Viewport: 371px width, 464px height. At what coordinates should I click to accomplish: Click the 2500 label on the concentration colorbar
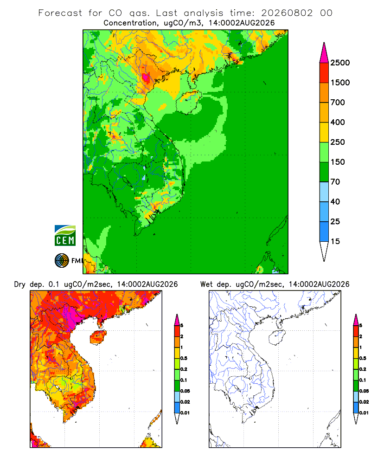340,63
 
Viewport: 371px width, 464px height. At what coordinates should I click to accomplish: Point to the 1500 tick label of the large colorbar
340,83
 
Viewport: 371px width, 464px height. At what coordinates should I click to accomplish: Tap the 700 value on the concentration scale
338,103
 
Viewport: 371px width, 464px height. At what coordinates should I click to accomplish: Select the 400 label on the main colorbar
338,122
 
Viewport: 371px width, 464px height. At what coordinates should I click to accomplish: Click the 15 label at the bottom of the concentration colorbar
335,241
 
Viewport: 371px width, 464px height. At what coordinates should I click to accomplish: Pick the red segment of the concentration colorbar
324,72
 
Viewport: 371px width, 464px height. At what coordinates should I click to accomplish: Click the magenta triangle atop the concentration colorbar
324,53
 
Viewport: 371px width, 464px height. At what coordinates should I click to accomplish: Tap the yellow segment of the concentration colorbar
324,132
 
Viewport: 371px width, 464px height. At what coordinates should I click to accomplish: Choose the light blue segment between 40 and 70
324,192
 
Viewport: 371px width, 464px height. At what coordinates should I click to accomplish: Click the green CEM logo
65,236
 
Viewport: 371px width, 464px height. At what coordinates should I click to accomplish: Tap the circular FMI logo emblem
62,261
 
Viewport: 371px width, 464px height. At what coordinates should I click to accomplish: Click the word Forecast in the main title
60,13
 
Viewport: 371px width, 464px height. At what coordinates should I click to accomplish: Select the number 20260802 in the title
287,13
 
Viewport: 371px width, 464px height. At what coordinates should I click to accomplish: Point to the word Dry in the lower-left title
20,284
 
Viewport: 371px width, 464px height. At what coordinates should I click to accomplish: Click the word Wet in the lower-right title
206,284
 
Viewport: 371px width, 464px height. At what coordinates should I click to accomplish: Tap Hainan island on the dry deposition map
98,337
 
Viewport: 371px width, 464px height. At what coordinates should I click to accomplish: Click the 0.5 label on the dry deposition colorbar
184,358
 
